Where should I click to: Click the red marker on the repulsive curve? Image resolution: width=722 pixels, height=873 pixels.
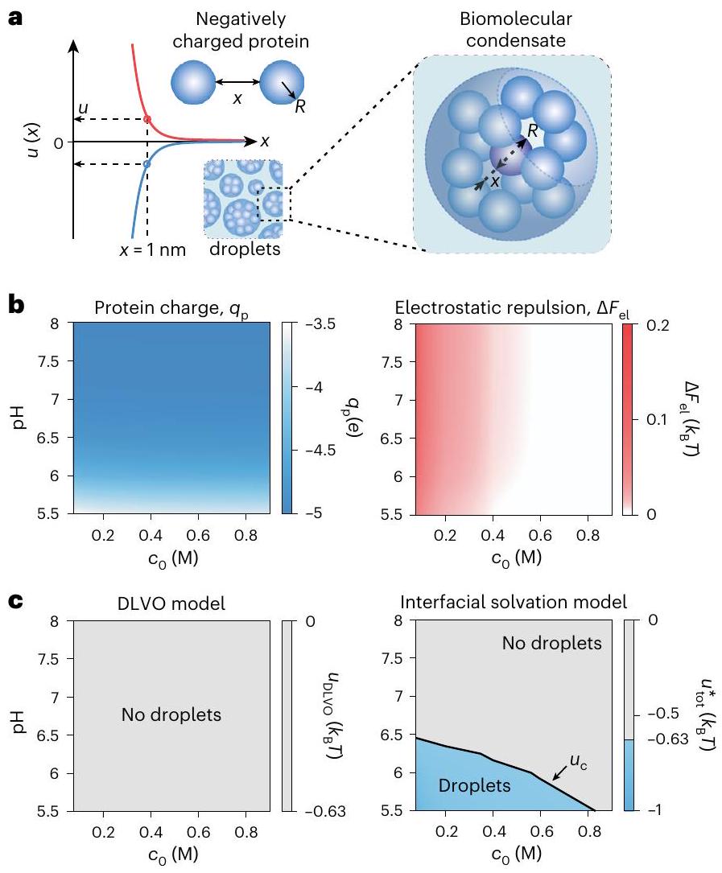tap(146, 119)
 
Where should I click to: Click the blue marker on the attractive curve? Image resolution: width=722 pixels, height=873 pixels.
tap(146, 164)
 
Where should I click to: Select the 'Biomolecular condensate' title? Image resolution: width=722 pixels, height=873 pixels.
tap(500, 27)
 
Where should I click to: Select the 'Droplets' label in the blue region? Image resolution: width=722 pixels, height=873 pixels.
tap(475, 785)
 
